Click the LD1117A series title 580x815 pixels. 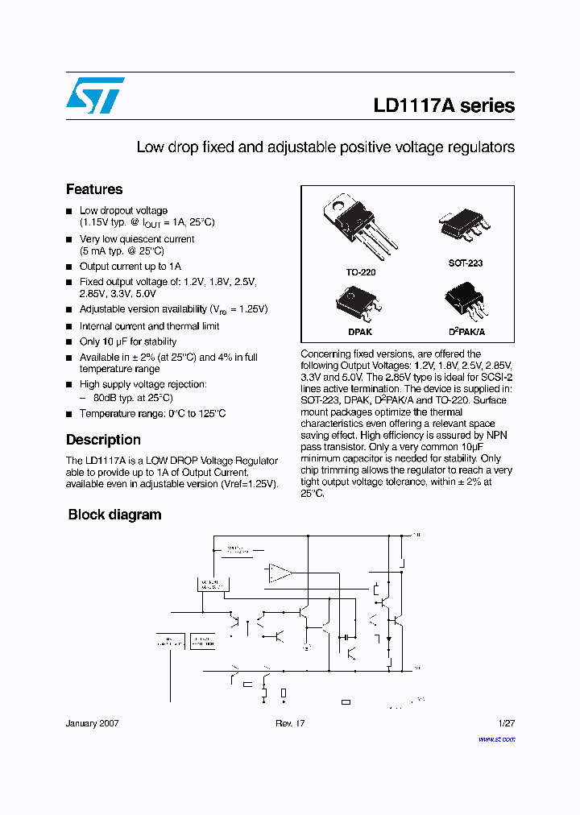click(x=443, y=106)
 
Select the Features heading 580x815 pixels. click(x=94, y=189)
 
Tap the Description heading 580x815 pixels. click(x=103, y=440)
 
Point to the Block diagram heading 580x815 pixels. click(x=114, y=515)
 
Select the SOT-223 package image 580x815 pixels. click(x=465, y=225)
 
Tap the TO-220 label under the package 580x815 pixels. click(x=361, y=272)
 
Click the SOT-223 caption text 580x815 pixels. click(x=466, y=263)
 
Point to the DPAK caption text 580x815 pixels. click(x=359, y=331)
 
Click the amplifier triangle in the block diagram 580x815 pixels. click(x=280, y=573)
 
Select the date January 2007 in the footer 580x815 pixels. click(x=92, y=723)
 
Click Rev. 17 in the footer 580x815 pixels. click(x=290, y=723)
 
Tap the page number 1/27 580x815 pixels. click(x=507, y=723)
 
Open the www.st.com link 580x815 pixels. click(x=496, y=738)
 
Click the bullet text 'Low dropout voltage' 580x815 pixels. click(x=123, y=210)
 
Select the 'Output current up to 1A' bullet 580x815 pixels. click(x=130, y=267)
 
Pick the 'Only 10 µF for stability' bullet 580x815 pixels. click(x=127, y=341)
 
